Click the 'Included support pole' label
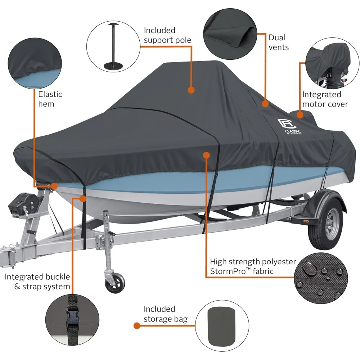coord(167,35)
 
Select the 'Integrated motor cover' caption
coord(325,99)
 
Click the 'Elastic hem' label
coord(50,99)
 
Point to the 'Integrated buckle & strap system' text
coord(37,282)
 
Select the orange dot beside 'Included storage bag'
coord(136,326)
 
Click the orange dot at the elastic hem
coord(54,186)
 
